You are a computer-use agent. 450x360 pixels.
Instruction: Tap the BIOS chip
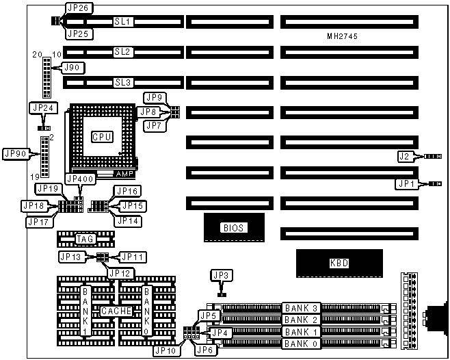(233, 228)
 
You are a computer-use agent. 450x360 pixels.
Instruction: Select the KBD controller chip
(339, 263)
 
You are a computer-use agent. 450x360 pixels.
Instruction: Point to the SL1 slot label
(123, 22)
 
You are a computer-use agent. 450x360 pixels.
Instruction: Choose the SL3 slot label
(123, 83)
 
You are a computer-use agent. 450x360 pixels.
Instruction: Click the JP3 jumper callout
(220, 276)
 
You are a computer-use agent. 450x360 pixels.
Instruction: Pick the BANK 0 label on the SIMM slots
(301, 343)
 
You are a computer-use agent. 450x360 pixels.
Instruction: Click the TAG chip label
(85, 239)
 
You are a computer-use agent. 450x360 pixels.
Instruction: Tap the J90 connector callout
(71, 67)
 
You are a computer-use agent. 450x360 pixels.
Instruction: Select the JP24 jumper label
(43, 107)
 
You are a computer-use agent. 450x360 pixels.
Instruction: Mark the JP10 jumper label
(167, 350)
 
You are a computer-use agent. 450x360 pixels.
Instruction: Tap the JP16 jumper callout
(128, 191)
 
